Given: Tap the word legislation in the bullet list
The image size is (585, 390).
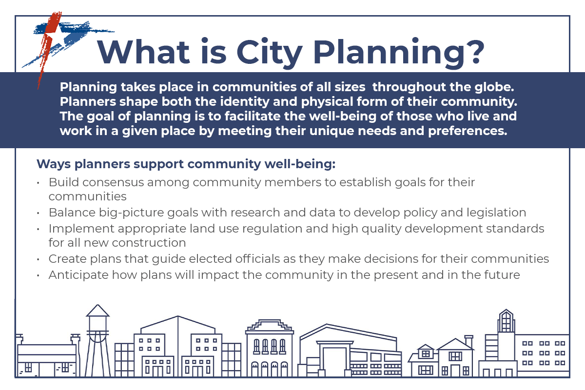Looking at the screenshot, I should pyautogui.click(x=492, y=213).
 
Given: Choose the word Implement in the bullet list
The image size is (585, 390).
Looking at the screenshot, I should pyautogui.click(x=77, y=228).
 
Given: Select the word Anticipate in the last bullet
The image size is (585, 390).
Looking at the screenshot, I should pyautogui.click(x=78, y=275).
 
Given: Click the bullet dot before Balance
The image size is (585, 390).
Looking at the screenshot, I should pyautogui.click(x=39, y=214).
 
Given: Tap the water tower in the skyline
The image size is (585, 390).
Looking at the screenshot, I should pyautogui.click(x=98, y=341).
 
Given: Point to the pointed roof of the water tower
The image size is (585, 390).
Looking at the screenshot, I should pyautogui.click(x=98, y=311).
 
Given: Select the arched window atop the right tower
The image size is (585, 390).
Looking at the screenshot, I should pyautogui.click(x=506, y=321).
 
